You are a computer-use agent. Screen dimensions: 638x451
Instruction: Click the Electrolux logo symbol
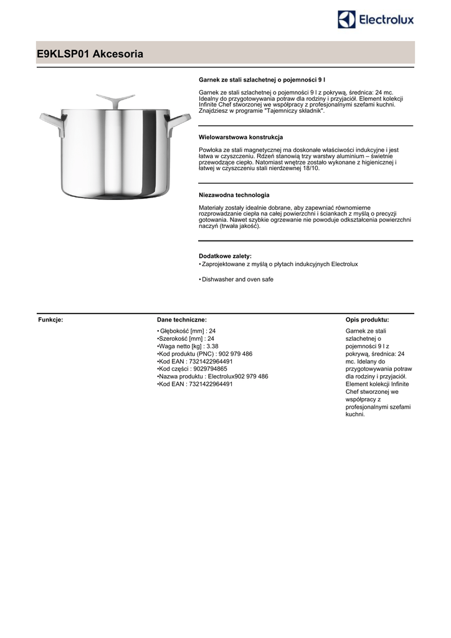(347, 19)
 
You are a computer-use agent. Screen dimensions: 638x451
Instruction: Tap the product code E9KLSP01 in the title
(63, 55)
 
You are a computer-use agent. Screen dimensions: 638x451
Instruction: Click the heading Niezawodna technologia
(234, 194)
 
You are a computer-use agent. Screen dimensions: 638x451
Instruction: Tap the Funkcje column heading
(50, 320)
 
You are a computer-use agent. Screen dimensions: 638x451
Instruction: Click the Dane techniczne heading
(178, 320)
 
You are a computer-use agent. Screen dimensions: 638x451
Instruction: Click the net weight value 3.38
(212, 346)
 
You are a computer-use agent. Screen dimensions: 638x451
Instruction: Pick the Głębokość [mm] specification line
(186, 330)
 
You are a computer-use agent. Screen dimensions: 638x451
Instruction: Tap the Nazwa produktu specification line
(213, 376)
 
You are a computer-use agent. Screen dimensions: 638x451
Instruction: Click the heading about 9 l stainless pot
(262, 80)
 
